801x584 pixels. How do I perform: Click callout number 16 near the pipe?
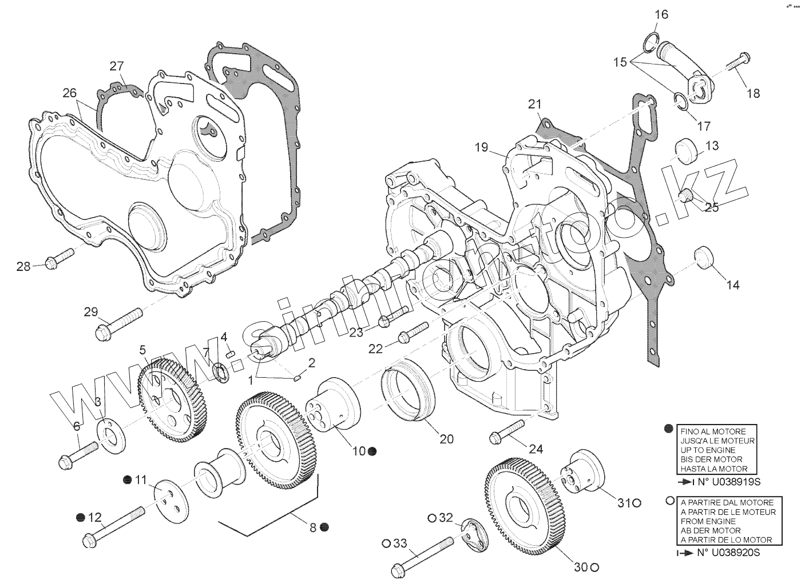pyautogui.click(x=661, y=15)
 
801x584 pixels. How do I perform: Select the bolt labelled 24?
pyautogui.click(x=507, y=431)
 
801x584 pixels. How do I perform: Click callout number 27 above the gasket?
pyautogui.click(x=117, y=66)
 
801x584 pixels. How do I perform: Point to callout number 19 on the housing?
pyautogui.click(x=481, y=147)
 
